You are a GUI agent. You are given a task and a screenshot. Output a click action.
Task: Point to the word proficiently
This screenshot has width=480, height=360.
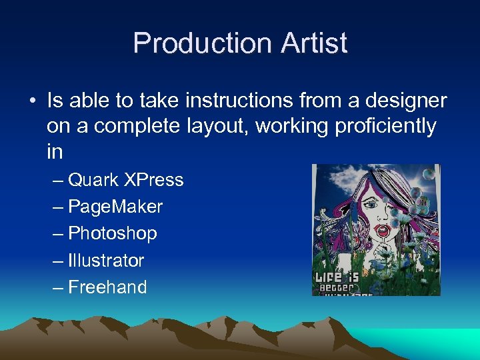click(379, 126)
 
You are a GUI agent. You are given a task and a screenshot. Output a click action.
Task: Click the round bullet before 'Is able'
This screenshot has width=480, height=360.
click(33, 101)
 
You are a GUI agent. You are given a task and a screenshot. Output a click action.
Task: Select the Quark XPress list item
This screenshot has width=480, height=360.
click(125, 180)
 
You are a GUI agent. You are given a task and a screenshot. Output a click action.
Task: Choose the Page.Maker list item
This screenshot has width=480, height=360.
click(115, 207)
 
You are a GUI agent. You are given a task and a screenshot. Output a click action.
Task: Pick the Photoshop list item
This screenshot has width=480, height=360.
click(113, 233)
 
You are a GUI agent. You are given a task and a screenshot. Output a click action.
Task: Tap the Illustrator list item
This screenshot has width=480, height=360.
click(106, 260)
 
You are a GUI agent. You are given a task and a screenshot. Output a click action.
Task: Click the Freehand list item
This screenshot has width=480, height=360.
click(107, 287)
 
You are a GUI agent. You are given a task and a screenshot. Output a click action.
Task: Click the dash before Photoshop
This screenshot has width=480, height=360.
click(59, 233)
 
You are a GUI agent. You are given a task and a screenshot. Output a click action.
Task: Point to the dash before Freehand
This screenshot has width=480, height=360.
click(59, 287)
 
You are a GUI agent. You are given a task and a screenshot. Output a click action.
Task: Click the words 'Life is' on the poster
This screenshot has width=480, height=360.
click(337, 275)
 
